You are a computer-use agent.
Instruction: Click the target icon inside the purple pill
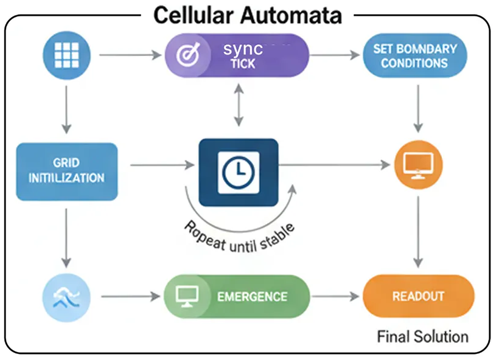click(184, 55)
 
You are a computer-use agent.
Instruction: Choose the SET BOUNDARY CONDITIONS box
click(414, 55)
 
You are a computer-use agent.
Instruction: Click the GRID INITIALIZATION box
click(67, 171)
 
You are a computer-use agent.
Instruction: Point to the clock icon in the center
click(239, 172)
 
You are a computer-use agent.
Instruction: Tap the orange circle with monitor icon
click(418, 164)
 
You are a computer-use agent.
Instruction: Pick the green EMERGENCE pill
click(237, 297)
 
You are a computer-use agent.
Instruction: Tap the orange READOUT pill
click(418, 297)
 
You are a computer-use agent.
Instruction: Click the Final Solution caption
click(422, 336)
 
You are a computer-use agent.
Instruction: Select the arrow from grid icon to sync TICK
click(128, 55)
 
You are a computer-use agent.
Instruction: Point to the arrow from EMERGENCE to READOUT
click(335, 297)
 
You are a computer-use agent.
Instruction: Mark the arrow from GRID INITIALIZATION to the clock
click(161, 165)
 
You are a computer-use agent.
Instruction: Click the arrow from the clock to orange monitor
click(334, 164)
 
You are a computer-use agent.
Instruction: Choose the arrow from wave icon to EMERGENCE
click(129, 297)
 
